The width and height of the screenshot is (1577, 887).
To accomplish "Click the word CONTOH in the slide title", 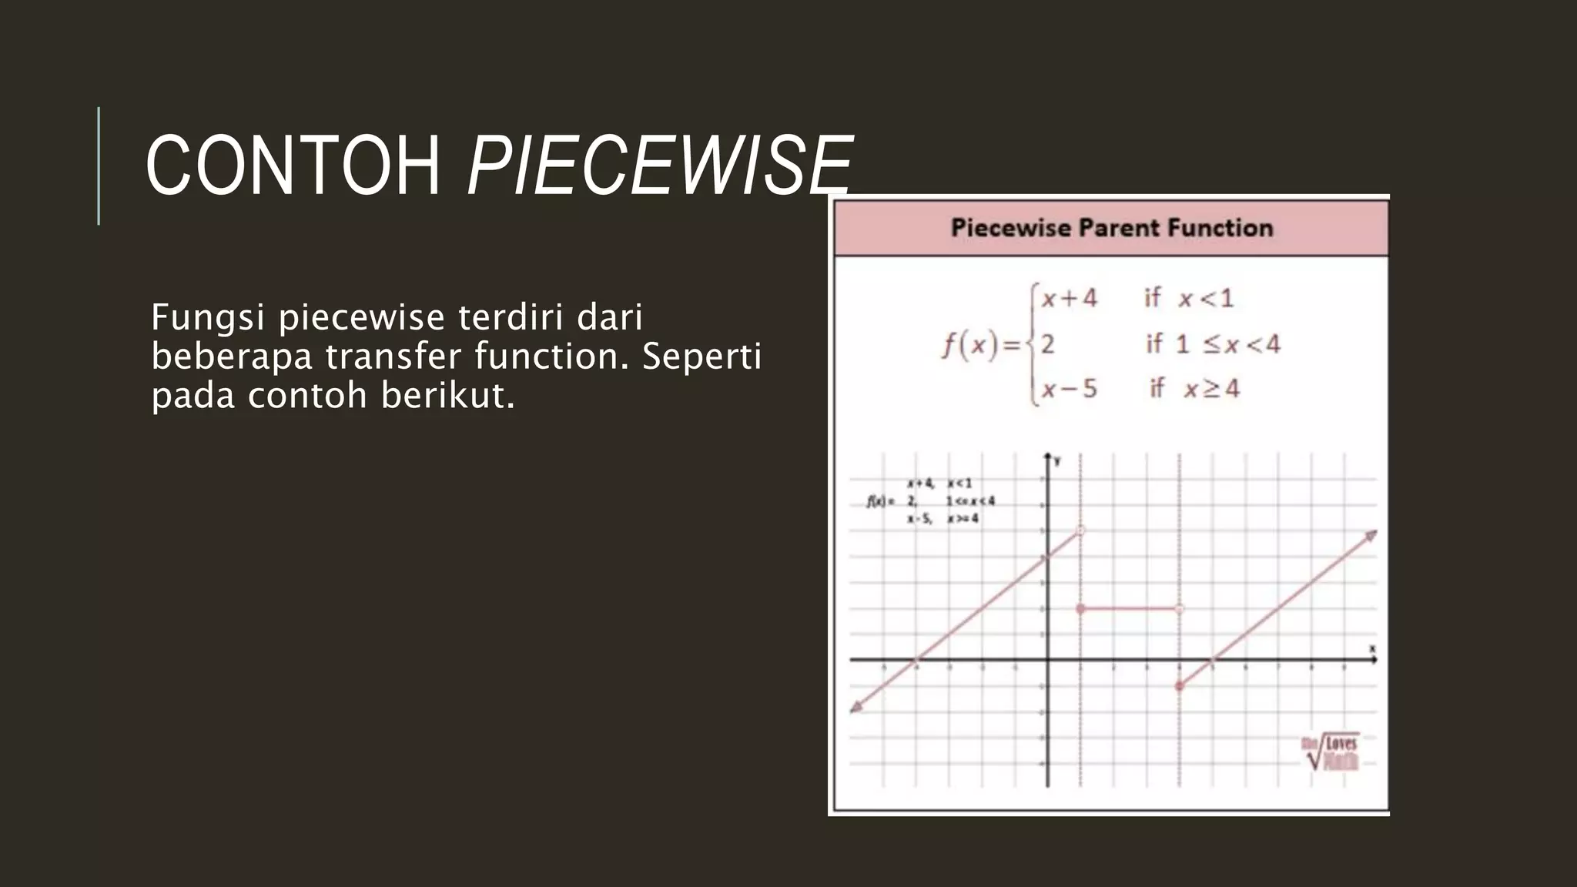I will click(x=293, y=166).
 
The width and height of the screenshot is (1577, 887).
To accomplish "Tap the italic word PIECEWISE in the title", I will click(x=660, y=166).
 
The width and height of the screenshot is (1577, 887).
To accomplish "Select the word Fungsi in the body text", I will click(x=209, y=317).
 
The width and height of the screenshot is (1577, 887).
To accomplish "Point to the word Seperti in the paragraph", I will click(x=701, y=356).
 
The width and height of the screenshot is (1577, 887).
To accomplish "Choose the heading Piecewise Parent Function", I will click(x=1112, y=228).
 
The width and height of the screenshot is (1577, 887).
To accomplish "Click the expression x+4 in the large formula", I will click(x=1069, y=298).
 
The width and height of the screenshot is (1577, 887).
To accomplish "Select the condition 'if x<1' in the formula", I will click(x=1189, y=298).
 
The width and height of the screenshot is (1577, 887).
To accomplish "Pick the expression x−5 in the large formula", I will click(x=1069, y=389).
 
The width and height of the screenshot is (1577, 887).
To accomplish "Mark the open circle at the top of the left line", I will click(x=1080, y=531).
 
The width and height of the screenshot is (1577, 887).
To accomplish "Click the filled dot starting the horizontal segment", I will click(x=1080, y=609).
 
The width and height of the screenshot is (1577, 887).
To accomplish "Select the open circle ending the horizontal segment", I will click(x=1179, y=609).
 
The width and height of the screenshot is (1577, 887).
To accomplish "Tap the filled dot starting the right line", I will click(x=1180, y=686).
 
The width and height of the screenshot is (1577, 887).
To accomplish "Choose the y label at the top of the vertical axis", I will click(x=1057, y=461).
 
